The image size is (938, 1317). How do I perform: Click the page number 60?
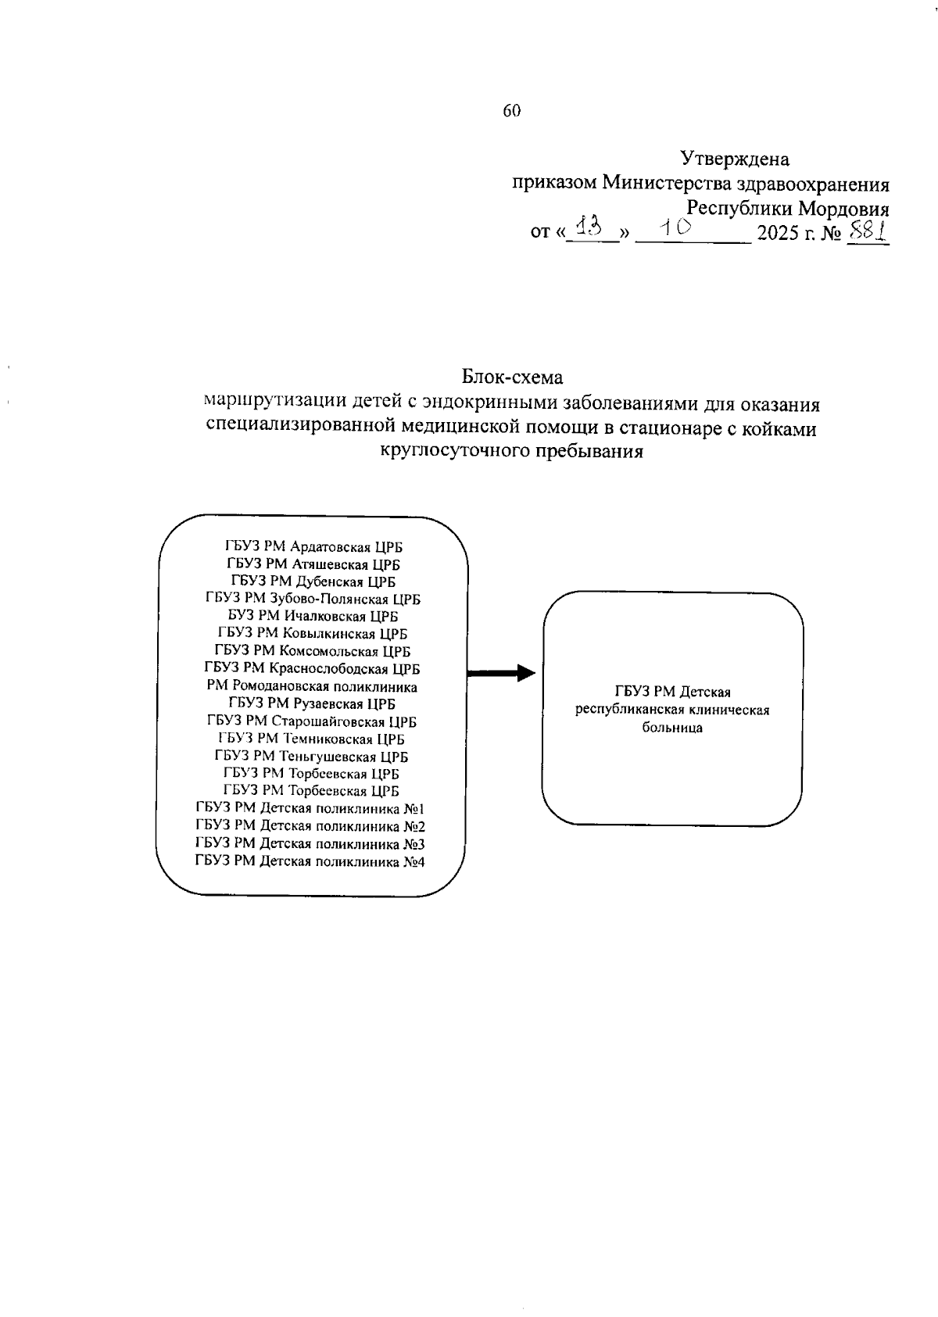[511, 111]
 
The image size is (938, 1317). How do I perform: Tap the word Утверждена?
[735, 159]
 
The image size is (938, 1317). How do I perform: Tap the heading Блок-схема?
[512, 378]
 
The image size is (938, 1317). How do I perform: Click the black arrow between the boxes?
[501, 674]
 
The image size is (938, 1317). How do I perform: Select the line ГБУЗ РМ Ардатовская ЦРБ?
[313, 547]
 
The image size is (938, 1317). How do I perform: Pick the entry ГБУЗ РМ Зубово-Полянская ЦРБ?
[313, 599]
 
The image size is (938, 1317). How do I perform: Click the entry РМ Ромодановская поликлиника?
[312, 687]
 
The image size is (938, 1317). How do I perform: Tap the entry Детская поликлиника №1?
[310, 809]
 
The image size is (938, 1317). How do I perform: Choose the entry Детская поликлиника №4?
[310, 862]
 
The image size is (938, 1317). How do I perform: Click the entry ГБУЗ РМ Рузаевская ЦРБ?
[312, 704]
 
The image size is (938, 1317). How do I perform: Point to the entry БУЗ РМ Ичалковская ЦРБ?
[313, 617]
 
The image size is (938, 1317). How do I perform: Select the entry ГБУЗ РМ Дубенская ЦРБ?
[313, 582]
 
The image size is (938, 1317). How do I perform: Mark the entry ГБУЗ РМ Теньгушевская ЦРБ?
[311, 757]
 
